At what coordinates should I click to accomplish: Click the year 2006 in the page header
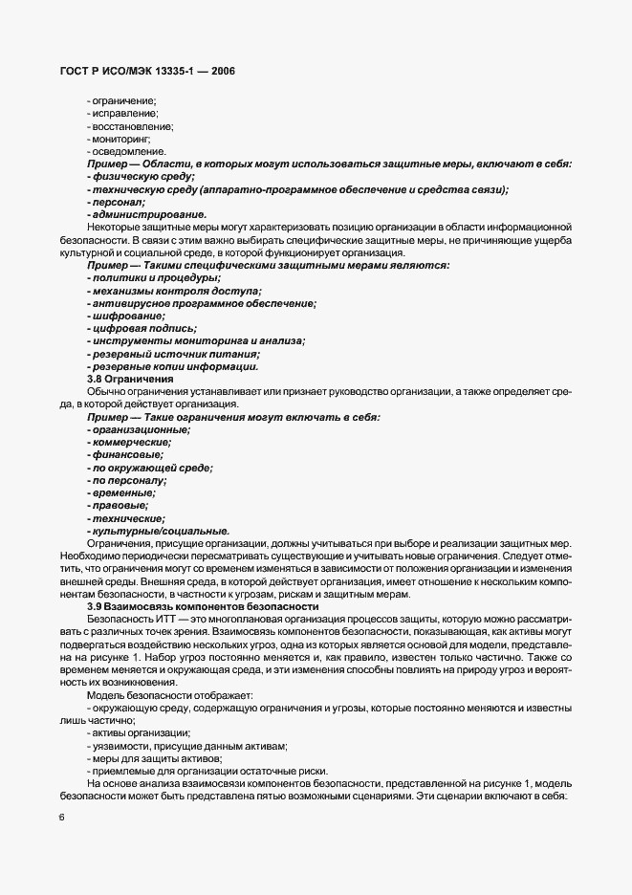click(219, 71)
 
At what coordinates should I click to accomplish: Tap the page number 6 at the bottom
click(61, 818)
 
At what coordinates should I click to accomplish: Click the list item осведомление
click(128, 152)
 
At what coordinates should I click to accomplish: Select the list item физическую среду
click(141, 177)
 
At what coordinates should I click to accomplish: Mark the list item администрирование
click(146, 215)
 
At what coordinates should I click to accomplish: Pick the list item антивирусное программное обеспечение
click(201, 303)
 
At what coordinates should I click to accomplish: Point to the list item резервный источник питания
click(172, 354)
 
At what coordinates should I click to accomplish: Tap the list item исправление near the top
click(123, 114)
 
